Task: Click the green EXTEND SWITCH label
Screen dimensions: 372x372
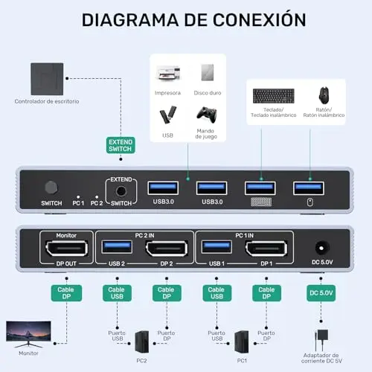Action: (x=121, y=145)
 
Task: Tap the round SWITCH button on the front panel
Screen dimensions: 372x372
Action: (x=51, y=187)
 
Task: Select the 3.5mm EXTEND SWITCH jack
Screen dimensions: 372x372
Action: (x=121, y=191)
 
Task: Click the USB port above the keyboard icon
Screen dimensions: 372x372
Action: (x=260, y=188)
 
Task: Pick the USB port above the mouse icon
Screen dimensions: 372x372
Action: (x=309, y=188)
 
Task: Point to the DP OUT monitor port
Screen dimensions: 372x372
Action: (x=66, y=248)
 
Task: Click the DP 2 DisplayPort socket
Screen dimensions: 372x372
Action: (x=167, y=248)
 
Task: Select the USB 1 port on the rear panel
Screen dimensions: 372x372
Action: (x=217, y=246)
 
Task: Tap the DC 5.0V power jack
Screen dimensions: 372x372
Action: (x=321, y=248)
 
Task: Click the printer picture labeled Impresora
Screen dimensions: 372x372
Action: (x=168, y=73)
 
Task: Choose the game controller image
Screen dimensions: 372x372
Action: (x=207, y=115)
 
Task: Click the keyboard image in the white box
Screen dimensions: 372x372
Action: (x=274, y=96)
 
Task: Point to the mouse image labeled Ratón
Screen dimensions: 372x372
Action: (x=324, y=95)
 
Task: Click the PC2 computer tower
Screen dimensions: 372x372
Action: (x=142, y=342)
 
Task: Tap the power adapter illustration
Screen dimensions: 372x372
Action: (x=321, y=340)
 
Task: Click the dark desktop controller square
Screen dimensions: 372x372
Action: (x=47, y=79)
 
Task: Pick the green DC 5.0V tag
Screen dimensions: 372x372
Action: (x=321, y=293)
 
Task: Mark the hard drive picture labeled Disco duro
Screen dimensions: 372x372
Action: (x=208, y=72)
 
